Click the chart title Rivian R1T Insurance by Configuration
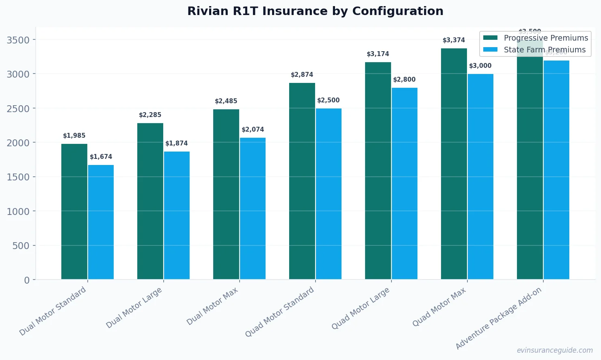(x=315, y=11)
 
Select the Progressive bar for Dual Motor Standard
(x=74, y=211)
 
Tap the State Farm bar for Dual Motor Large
(x=177, y=215)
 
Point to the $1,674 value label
(x=101, y=157)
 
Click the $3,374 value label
(x=454, y=40)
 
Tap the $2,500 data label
(x=329, y=100)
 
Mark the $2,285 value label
(x=150, y=115)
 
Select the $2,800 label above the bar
(x=404, y=80)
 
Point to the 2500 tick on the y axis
(x=18, y=108)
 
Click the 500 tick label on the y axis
(x=22, y=246)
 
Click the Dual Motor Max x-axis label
(x=212, y=306)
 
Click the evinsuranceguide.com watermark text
(x=554, y=350)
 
